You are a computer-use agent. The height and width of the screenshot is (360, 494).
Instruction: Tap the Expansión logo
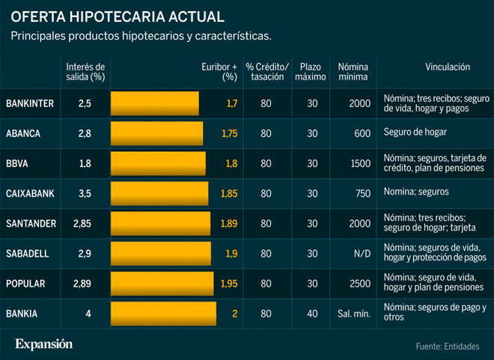tap(44, 344)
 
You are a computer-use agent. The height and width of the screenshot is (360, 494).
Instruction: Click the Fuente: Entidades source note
tap(448, 346)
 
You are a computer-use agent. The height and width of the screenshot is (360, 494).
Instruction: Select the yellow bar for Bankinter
tap(155, 103)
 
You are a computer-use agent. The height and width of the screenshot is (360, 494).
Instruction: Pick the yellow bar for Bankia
tap(163, 314)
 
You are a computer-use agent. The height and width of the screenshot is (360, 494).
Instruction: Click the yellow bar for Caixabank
tap(160, 193)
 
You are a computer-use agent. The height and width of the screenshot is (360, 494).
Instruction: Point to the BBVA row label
tap(17, 163)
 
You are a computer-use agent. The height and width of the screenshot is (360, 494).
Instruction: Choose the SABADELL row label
tap(27, 254)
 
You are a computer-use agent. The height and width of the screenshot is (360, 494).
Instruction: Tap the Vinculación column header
tap(447, 67)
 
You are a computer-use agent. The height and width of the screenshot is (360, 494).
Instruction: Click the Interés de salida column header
tap(85, 71)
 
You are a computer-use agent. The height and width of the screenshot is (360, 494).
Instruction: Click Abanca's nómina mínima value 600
tap(362, 133)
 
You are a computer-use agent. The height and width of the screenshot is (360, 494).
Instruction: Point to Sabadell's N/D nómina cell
tap(362, 254)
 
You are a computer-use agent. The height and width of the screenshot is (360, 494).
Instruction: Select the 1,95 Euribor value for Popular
tap(228, 284)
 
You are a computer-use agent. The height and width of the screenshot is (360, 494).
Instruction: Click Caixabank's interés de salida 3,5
tap(85, 193)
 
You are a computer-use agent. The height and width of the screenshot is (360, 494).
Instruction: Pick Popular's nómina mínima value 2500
tap(359, 284)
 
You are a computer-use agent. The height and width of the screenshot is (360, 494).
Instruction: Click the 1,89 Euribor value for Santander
tap(228, 223)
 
